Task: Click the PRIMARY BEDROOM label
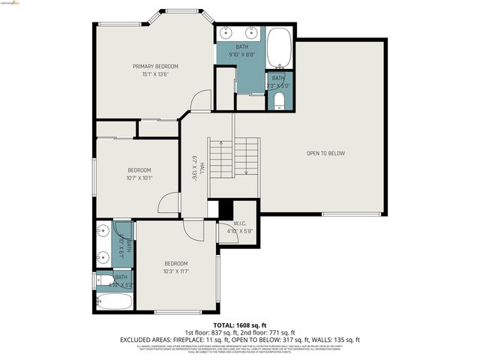coord(155,66)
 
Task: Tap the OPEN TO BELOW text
coord(325,153)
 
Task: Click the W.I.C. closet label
coord(240,223)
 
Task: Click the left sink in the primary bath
coord(227,33)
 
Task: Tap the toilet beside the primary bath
coord(279,100)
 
